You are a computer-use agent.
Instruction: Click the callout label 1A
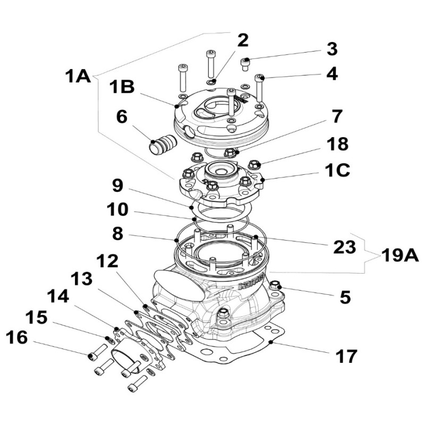[x=78, y=77]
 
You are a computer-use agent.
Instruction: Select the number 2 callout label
[x=243, y=40]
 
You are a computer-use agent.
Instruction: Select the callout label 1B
[x=122, y=87]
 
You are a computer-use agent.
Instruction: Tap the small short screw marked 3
[x=245, y=63]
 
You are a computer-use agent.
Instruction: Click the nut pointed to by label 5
[x=275, y=285]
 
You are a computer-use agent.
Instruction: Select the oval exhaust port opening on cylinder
[x=179, y=282]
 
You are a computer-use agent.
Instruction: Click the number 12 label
[x=108, y=261]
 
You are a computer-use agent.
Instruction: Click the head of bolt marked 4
[x=259, y=78]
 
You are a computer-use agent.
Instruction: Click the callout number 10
[x=116, y=210]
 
